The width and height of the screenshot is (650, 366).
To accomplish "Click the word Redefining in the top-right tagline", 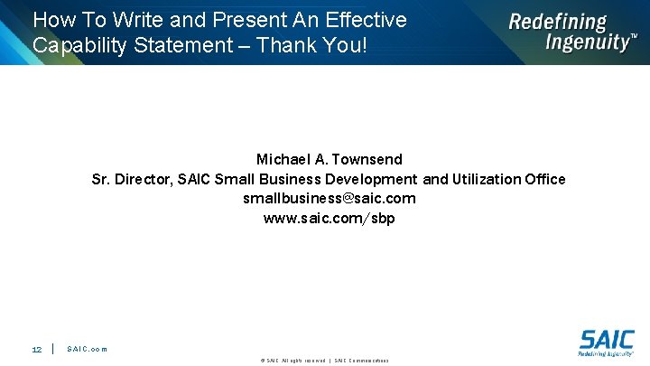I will [x=557, y=22].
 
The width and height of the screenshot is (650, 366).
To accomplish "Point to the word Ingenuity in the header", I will [x=587, y=42].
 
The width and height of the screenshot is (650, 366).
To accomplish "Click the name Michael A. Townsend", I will [x=329, y=159].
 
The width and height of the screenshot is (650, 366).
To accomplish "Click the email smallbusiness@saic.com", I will [x=329, y=198].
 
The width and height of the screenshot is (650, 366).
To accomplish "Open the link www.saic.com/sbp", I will [x=329, y=218].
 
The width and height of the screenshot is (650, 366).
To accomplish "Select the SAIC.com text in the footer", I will [x=87, y=349].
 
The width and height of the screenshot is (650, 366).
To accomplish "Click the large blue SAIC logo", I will [x=606, y=340].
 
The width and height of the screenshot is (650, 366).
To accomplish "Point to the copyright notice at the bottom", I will [x=324, y=361].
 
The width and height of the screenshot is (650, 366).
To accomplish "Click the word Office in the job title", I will [x=544, y=179].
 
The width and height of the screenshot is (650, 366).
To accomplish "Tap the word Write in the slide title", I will [x=137, y=19].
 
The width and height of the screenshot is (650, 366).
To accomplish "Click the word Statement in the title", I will [x=190, y=44].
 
